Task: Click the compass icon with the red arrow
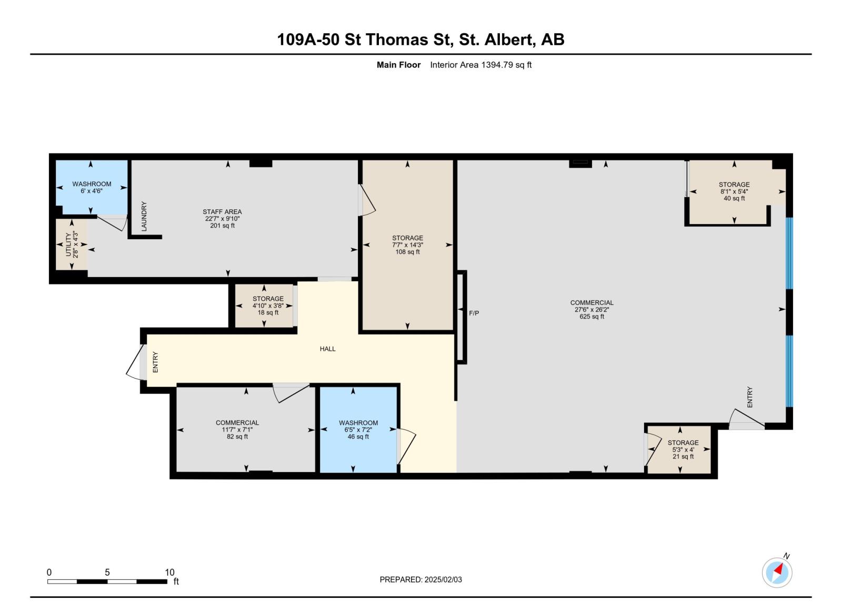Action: [x=777, y=573]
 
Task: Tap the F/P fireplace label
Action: [x=474, y=313]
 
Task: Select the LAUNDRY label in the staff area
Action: [x=144, y=216]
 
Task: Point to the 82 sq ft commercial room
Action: [x=237, y=430]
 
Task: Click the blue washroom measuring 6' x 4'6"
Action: [x=92, y=187]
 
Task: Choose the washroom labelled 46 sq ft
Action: [x=358, y=430]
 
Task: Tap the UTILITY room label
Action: [x=72, y=244]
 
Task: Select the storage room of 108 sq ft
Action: [x=407, y=245]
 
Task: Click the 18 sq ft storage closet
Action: [x=268, y=305]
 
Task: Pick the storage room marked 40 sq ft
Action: [x=734, y=191]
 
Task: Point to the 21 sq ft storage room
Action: [x=683, y=450]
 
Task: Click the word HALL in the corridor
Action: [x=327, y=349]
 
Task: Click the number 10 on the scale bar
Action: [x=169, y=573]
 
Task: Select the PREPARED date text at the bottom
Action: [x=420, y=579]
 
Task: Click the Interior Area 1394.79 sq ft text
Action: [x=480, y=65]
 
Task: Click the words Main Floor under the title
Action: [x=398, y=65]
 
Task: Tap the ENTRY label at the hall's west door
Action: [x=155, y=362]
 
